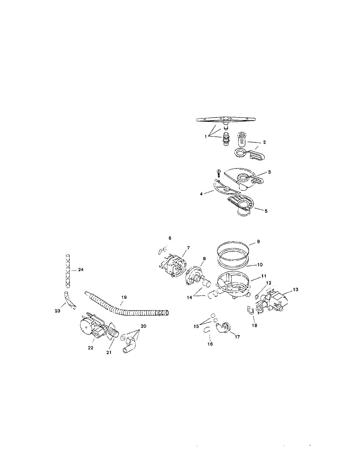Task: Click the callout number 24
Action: click(81, 269)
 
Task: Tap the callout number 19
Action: click(124, 297)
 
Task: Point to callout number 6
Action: click(170, 237)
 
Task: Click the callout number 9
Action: click(258, 241)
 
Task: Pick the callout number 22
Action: click(90, 348)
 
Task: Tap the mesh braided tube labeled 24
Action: click(68, 269)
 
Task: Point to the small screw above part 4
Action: click(219, 173)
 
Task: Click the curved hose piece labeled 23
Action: click(69, 300)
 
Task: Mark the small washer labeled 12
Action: click(256, 297)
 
